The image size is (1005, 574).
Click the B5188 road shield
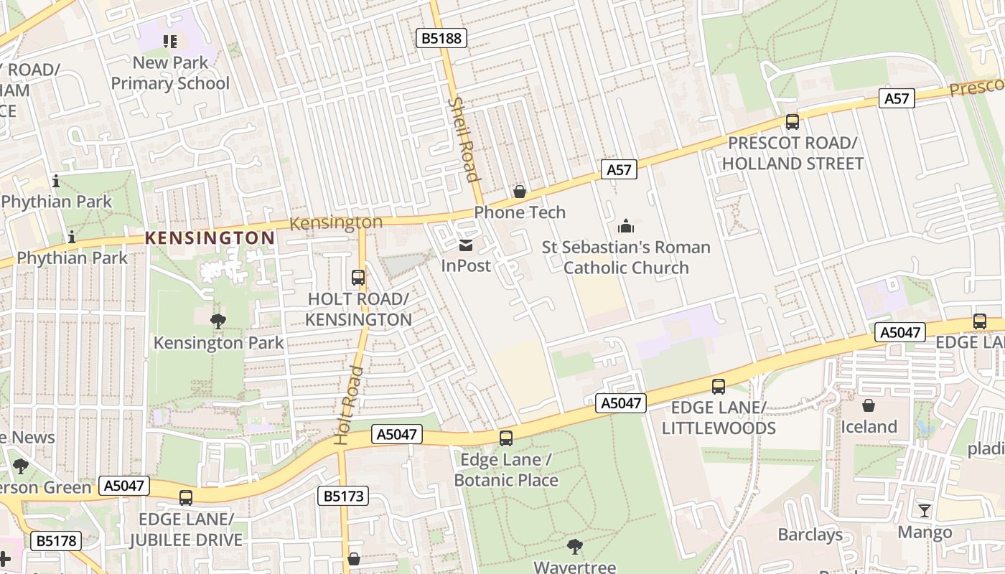coord(441,38)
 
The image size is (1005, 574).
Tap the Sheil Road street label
coord(463,139)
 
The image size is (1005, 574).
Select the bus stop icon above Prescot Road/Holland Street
coord(793,121)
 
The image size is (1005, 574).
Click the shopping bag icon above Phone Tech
coord(520,192)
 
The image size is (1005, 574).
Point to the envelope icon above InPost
coord(466,245)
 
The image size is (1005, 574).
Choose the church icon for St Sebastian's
coord(626,227)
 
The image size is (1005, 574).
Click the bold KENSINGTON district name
coord(210,237)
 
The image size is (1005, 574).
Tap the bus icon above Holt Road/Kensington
coord(357,278)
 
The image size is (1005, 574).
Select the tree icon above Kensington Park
coord(218,321)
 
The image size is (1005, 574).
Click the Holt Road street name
coord(347,404)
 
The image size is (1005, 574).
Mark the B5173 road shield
coord(342,496)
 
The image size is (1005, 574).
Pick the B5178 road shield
coord(56,540)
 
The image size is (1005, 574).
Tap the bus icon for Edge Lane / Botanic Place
coord(506,438)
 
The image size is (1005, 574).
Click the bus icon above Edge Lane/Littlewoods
coord(719,387)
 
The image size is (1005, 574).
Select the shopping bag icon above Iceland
coord(869,405)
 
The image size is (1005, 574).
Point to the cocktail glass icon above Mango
coord(925,511)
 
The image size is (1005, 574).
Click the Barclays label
coord(810,535)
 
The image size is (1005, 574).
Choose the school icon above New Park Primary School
coord(169,42)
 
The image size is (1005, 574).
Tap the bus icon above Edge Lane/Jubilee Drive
coord(186,497)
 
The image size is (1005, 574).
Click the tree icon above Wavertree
coord(574,547)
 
